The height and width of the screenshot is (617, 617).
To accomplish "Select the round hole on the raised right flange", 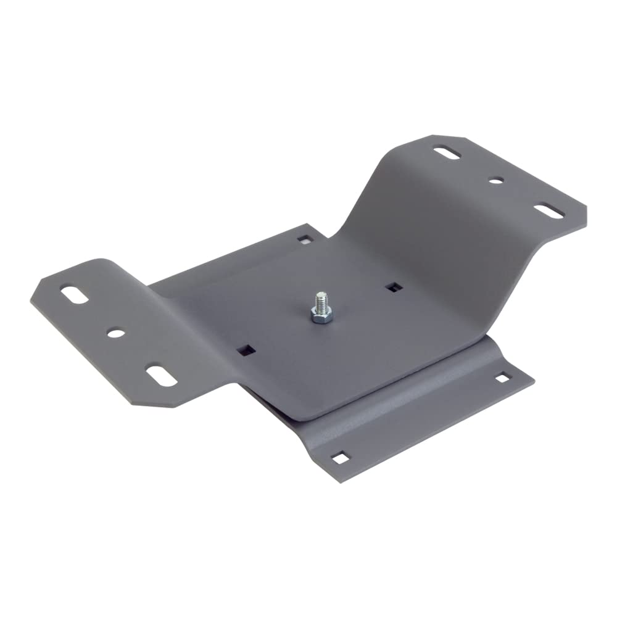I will [x=496, y=181].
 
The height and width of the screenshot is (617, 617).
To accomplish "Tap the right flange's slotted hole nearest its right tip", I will [x=549, y=210].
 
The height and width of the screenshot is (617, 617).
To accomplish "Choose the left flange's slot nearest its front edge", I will [x=160, y=376].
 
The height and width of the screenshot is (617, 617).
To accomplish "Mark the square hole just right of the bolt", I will [x=392, y=286].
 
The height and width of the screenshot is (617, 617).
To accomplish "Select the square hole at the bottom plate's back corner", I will [x=304, y=238].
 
